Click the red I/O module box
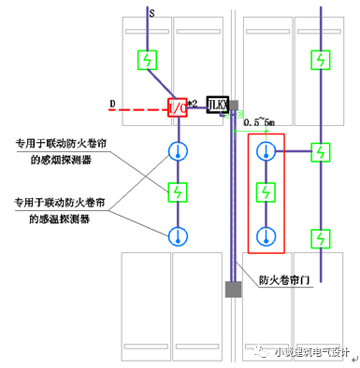(177, 108)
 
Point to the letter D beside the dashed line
(111, 100)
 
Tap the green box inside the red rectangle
(267, 193)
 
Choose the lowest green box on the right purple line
(321, 238)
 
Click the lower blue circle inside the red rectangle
(267, 235)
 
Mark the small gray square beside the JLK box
(235, 107)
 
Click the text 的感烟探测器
(61, 160)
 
